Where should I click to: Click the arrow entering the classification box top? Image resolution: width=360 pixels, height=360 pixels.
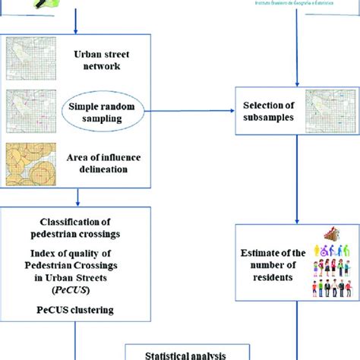pyautogui.click(x=80, y=199)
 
